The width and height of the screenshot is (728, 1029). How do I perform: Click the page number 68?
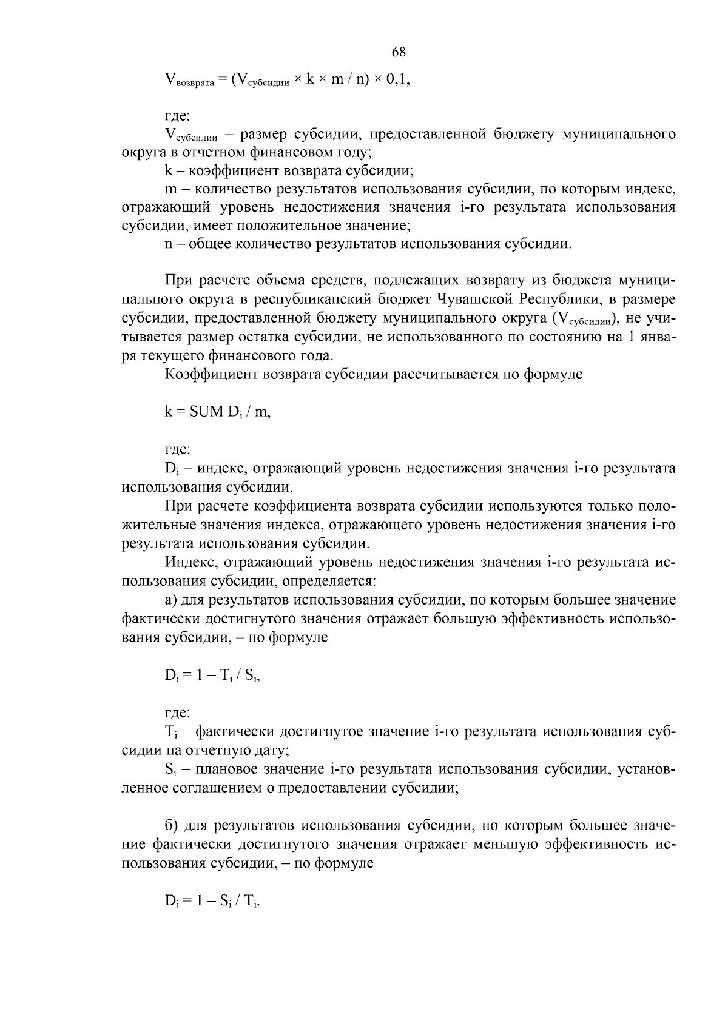(399, 52)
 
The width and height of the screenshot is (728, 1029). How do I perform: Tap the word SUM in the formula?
(207, 412)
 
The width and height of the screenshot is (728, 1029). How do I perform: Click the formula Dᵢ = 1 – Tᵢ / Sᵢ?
(212, 674)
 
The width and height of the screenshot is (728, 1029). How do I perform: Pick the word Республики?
(560, 300)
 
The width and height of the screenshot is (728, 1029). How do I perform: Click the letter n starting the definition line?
(169, 244)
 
